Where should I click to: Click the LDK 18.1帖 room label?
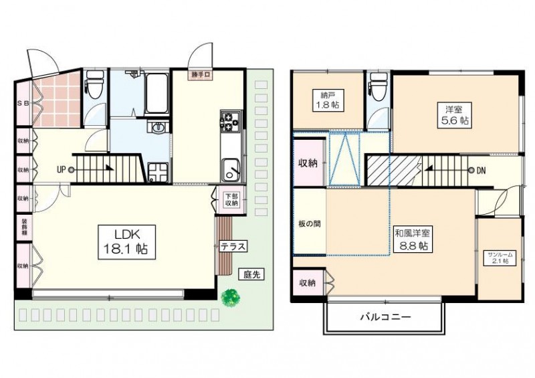[126, 240]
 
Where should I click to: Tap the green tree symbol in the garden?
[231, 297]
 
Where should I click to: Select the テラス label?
[234, 247]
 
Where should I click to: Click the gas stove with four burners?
[229, 121]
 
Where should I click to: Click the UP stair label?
[61, 170]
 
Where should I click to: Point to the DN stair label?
[481, 171]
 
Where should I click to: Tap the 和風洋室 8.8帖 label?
[413, 239]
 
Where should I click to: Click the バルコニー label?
[384, 317]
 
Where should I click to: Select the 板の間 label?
[308, 223]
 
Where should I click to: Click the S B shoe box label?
[22, 104]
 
